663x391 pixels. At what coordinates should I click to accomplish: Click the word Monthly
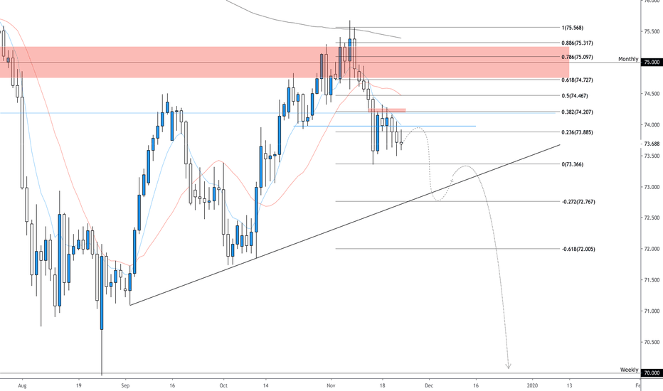(x=628, y=59)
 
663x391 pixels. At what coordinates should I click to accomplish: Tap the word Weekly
(x=630, y=370)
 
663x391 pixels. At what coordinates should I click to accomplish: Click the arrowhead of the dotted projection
(x=508, y=367)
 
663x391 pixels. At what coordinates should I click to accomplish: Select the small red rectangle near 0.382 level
(x=387, y=110)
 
